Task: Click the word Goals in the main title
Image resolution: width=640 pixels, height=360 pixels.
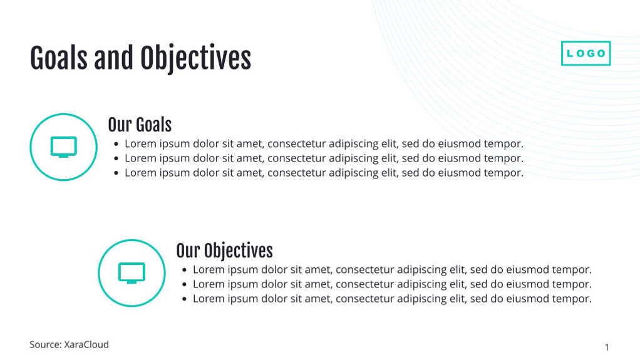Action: point(59,58)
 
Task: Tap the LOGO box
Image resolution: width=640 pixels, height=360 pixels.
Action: point(586,54)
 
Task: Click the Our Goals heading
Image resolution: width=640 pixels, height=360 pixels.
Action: point(140,125)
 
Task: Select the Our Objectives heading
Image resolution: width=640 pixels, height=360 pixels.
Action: point(224,251)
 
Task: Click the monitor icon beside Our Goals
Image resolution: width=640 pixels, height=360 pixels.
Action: point(63,147)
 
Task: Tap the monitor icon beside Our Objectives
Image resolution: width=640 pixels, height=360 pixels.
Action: point(132,273)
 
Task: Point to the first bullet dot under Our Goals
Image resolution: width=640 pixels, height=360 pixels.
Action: point(116,144)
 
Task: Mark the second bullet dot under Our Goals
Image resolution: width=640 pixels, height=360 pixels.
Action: point(116,158)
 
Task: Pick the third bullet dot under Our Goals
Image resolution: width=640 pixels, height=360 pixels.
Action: point(116,173)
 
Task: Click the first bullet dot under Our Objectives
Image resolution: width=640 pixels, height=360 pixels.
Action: point(184,270)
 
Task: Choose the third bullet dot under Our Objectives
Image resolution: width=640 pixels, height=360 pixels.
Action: point(184,299)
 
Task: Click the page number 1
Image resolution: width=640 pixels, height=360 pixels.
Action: point(607,347)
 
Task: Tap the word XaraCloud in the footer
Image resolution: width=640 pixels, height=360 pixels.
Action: point(86,344)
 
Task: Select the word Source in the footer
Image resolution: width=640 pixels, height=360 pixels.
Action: point(45,344)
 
